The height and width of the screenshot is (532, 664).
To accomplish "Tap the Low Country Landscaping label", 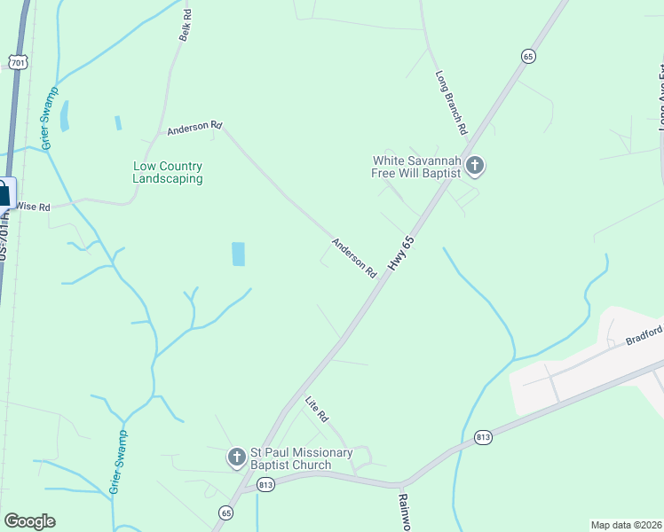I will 168,172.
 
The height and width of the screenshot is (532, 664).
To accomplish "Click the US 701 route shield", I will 20,61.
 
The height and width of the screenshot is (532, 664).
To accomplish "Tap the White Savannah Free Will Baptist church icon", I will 475,165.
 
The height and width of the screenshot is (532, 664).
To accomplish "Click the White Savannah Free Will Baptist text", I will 416,167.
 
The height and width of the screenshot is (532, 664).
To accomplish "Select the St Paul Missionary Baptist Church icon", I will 236,458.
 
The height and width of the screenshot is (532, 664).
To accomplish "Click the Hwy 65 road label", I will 401,254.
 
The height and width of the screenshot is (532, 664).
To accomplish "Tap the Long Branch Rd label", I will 451,102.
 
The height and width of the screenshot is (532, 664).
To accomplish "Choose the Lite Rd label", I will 317,409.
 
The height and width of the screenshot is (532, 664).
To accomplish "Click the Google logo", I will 29,521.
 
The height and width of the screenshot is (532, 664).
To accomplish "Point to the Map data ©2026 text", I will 626,525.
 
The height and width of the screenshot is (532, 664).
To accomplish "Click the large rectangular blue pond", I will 238,254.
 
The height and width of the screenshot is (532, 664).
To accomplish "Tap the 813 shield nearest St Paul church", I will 265,485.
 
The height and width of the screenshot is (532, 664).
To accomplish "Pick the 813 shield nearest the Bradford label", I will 483,437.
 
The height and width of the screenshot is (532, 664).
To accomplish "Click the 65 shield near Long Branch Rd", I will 528,56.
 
